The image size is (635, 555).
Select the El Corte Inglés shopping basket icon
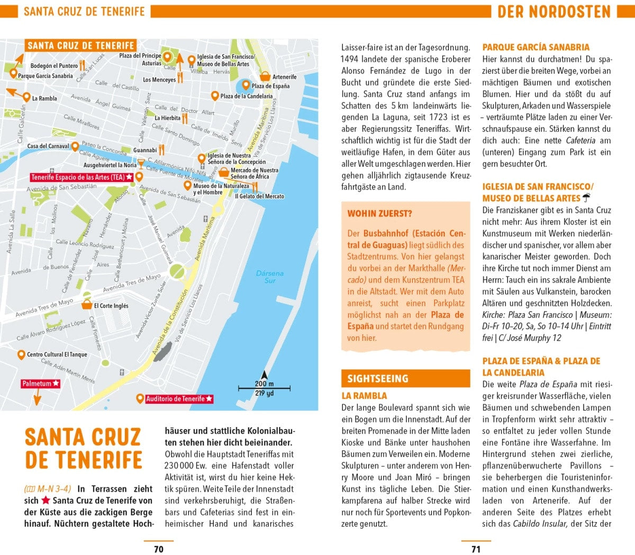point(87,305)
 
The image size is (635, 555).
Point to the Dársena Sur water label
point(269,277)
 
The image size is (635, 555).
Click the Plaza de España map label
point(270,86)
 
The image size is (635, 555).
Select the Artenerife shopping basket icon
point(266,77)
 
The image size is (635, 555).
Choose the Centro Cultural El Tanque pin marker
point(21,354)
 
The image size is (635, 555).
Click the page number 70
point(158,549)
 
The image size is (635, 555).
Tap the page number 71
point(476,549)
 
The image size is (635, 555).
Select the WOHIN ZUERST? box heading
point(379,214)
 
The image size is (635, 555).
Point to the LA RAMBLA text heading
point(364,396)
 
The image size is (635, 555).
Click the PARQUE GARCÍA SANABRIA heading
point(536,47)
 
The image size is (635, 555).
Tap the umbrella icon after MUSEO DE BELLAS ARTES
point(586,198)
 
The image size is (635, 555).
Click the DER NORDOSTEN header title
point(554,12)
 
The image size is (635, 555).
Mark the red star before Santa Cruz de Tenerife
point(46,500)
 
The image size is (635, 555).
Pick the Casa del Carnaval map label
point(48,146)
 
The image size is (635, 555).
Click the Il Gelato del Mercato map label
point(259,196)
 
